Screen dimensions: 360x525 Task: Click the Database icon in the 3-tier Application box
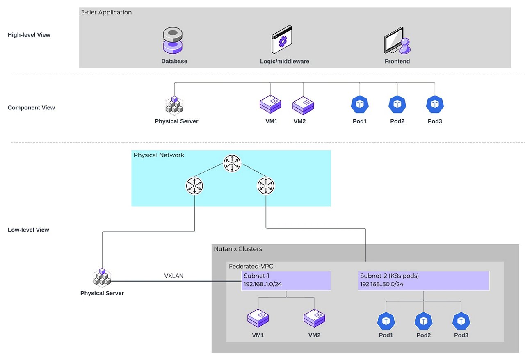(x=173, y=41)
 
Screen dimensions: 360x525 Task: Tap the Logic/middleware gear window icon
(x=282, y=40)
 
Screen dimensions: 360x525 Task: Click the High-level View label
(x=29, y=35)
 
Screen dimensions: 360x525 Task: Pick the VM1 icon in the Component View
(x=271, y=105)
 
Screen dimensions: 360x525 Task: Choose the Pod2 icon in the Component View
(x=397, y=105)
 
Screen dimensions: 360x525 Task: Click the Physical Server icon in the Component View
(x=174, y=105)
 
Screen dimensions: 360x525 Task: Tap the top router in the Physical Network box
(x=232, y=164)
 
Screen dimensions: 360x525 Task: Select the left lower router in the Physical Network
(x=195, y=186)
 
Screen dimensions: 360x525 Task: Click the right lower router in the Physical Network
(x=266, y=186)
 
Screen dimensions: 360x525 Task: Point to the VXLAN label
(x=173, y=276)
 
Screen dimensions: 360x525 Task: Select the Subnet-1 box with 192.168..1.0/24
(x=286, y=281)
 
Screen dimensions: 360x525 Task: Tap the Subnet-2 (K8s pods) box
(x=423, y=281)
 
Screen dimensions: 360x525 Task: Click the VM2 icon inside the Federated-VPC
(x=314, y=318)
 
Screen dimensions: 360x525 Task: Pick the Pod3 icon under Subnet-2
(x=461, y=321)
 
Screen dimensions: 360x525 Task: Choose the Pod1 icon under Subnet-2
(x=386, y=321)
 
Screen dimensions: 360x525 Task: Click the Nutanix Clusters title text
(x=238, y=249)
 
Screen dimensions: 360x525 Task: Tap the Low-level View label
(x=28, y=230)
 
